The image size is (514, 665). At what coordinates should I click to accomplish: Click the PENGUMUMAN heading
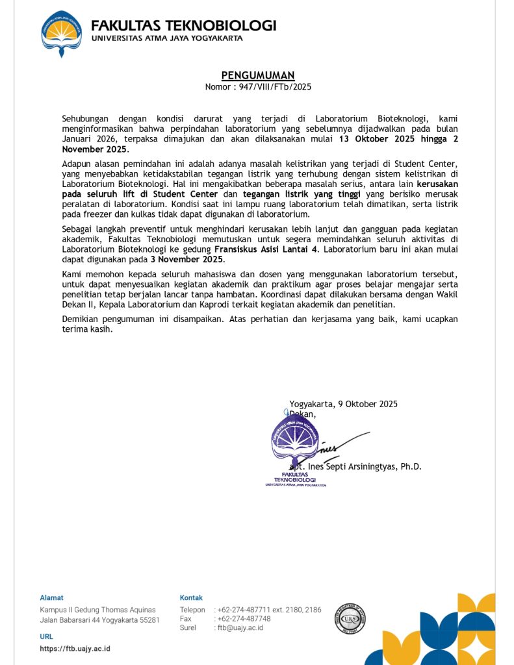(x=258, y=75)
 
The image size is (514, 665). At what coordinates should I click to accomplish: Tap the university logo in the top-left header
(x=62, y=32)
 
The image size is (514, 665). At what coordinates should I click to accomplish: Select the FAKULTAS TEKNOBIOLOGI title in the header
(x=183, y=26)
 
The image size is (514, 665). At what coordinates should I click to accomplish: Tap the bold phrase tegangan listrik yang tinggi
(x=302, y=194)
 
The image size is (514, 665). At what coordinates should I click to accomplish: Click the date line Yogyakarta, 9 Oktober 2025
(x=343, y=404)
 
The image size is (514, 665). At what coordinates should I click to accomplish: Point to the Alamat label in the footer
(x=52, y=597)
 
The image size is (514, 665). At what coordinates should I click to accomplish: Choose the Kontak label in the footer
(x=191, y=597)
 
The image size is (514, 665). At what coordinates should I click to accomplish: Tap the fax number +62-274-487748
(x=244, y=619)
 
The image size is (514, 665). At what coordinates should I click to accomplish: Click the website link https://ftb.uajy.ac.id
(x=75, y=649)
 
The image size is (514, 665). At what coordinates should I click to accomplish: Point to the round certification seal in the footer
(x=350, y=618)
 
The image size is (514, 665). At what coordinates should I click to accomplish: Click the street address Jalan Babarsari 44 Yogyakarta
(x=99, y=620)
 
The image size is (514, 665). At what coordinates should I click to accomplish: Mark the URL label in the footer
(x=47, y=637)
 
